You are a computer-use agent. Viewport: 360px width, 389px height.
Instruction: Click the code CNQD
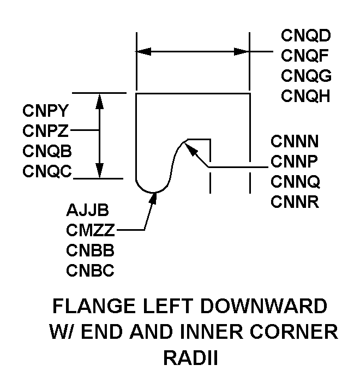[x=307, y=36]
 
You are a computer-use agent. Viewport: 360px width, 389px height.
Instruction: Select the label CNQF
[x=306, y=56]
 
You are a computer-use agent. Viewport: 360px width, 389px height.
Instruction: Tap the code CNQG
[x=307, y=75]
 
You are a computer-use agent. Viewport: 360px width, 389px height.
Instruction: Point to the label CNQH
[x=307, y=95]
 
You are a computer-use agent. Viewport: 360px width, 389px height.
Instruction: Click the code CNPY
[x=46, y=111]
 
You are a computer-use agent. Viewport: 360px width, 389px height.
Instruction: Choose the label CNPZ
[x=46, y=130]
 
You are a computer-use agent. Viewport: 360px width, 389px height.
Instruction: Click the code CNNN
[x=295, y=141]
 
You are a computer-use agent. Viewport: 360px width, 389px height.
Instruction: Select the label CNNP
[x=295, y=161]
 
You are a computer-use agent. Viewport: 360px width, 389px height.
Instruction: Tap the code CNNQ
[x=295, y=181]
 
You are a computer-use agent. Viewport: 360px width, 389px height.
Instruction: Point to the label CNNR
[x=295, y=201]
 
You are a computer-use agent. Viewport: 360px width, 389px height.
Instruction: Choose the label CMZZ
[x=90, y=230]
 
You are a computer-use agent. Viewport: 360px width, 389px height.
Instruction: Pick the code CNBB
[x=91, y=250]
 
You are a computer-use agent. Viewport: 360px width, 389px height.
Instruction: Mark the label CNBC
[x=91, y=270]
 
